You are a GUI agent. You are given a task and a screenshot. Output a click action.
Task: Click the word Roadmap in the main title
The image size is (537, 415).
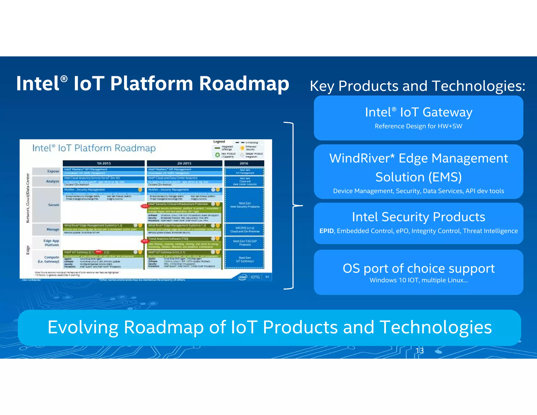pos(244,83)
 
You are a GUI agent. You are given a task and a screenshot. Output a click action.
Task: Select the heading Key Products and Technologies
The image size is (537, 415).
pos(417,86)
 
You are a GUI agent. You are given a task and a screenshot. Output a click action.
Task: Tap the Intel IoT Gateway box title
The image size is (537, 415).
pos(418,112)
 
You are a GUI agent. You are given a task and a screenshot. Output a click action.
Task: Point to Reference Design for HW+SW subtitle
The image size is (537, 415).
pos(418,126)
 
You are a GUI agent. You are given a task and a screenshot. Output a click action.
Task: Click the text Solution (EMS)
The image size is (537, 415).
pos(418,177)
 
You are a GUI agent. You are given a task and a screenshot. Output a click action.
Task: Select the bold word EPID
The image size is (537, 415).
pos(326,231)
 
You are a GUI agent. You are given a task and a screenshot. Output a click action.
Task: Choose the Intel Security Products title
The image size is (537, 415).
pos(418,217)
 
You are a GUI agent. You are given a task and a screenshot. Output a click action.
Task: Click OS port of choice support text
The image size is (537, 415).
pos(418,268)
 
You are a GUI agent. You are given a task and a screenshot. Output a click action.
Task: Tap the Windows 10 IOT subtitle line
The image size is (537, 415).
pos(418,280)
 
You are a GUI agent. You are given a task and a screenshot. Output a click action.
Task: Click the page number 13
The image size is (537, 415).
pos(419,351)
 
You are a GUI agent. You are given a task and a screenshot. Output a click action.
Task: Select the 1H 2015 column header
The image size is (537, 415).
pos(104,163)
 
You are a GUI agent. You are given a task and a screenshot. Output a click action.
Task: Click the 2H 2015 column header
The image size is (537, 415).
pos(184,163)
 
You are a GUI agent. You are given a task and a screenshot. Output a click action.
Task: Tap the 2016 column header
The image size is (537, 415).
pos(244,163)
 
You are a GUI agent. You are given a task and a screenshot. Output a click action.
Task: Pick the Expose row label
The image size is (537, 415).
pos(53,171)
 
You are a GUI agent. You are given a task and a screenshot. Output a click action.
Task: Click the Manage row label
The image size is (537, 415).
pos(53,230)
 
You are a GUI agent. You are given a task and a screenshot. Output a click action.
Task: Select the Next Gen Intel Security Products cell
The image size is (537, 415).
pos(245,205)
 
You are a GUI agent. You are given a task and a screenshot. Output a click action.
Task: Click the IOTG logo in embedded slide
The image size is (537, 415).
pos(255,277)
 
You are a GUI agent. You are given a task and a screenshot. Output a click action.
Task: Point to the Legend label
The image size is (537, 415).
pos(219,142)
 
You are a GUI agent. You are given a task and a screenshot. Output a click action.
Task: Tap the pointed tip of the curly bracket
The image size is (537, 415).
pos(302,206)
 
